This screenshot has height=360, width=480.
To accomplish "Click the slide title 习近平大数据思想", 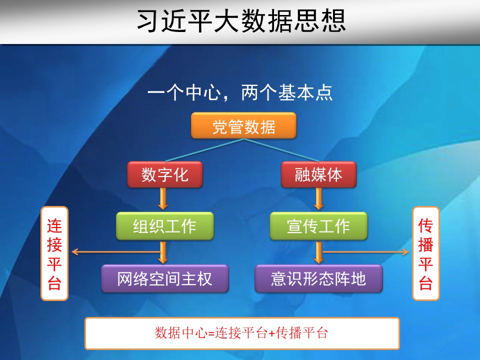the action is (241, 21).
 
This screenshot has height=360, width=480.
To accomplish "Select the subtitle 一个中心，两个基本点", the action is (240, 92).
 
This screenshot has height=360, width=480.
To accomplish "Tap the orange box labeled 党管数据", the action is (243, 126).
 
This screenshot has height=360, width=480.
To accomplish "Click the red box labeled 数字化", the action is (164, 174).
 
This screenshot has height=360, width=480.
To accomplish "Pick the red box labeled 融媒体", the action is (318, 174).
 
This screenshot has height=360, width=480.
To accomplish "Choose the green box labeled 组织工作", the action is (164, 226).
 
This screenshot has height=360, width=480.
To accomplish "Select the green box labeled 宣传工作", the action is (318, 226).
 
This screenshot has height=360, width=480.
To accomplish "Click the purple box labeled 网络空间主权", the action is (165, 278).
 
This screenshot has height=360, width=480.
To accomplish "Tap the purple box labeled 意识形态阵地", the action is (318, 278).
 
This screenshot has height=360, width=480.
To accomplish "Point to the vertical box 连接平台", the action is (54, 253).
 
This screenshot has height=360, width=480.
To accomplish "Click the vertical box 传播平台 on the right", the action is (426, 253).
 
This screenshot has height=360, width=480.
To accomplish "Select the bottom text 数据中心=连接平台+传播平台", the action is (241, 333).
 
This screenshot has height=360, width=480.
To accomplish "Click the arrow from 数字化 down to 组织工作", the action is (163, 198).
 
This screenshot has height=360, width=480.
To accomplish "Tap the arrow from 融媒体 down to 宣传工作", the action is (318, 198).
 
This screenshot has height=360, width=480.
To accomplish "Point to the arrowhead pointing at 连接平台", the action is (74, 252).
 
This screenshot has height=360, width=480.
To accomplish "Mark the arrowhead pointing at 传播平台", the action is (405, 252).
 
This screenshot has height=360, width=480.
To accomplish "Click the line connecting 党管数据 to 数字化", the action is (204, 150).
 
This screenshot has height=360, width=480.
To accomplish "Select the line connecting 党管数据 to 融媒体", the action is (282, 150).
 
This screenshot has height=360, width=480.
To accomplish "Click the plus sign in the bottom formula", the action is (271, 333).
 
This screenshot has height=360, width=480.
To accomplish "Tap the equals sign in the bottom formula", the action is (211, 333).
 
